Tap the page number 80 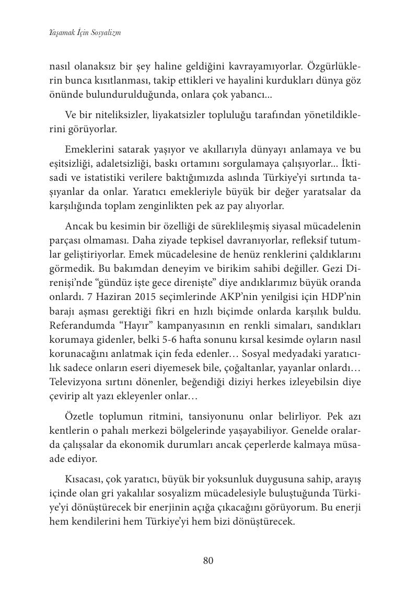(x=208, y=561)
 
